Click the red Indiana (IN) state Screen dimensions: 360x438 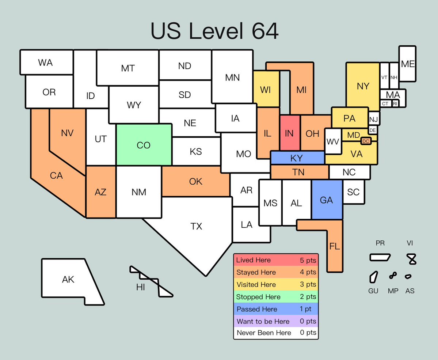tap(290, 133)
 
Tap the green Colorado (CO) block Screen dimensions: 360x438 tap(144, 145)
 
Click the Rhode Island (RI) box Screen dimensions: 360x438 tap(395, 104)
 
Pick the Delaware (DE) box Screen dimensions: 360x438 tap(373, 130)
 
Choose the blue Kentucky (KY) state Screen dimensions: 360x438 tap(297, 158)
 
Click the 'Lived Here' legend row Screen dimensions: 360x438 tap(276, 260)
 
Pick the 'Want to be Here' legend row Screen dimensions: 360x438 tap(276, 322)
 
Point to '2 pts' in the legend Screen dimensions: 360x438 tap(308, 297)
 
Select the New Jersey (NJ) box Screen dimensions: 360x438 tap(373, 119)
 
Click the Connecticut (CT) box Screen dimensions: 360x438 tap(385, 104)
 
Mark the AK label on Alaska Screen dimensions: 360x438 tap(68, 280)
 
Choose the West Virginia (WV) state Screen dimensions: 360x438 tap(332, 141)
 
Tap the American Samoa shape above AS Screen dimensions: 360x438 tap(409, 276)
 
